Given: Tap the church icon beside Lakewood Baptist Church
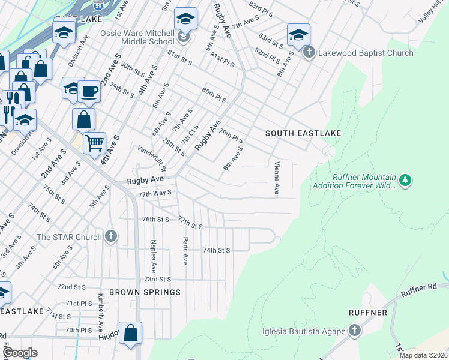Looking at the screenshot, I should (x=309, y=53).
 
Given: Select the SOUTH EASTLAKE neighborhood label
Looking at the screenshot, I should (x=303, y=133).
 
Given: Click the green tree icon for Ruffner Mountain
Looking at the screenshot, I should (x=405, y=180).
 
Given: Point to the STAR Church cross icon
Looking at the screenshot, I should (x=110, y=236).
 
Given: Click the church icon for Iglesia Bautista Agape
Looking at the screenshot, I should (x=355, y=331).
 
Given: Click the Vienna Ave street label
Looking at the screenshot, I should (x=277, y=178).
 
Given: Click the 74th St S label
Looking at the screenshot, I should (x=217, y=250).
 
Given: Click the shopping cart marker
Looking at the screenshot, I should (x=94, y=143).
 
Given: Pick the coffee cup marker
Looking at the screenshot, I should (x=89, y=92).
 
